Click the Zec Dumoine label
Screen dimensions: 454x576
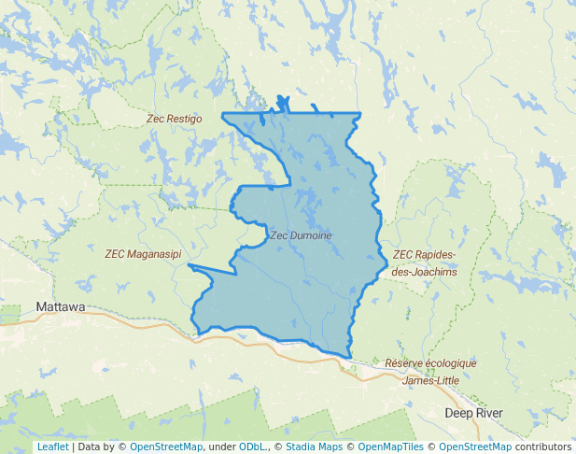pyautogui.click(x=301, y=235)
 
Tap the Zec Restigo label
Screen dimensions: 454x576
pyautogui.click(x=174, y=119)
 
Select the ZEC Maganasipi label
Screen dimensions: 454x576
pyautogui.click(x=143, y=253)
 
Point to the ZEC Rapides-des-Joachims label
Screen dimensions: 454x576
pyautogui.click(x=425, y=262)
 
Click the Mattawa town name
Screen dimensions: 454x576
pyautogui.click(x=60, y=306)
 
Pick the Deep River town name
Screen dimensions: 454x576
pyautogui.click(x=473, y=413)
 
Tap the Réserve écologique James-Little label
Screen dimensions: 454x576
pyautogui.click(x=430, y=371)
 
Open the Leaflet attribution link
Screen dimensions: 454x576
pyautogui.click(x=52, y=447)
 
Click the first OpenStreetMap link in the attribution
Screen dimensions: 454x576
pyautogui.click(x=165, y=447)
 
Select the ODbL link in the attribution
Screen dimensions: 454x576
pyautogui.click(x=252, y=447)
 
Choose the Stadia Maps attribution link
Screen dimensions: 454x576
pyautogui.click(x=314, y=447)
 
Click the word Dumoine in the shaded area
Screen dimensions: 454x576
pyautogui.click(x=311, y=235)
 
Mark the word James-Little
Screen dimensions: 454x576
pyautogui.click(x=430, y=380)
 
